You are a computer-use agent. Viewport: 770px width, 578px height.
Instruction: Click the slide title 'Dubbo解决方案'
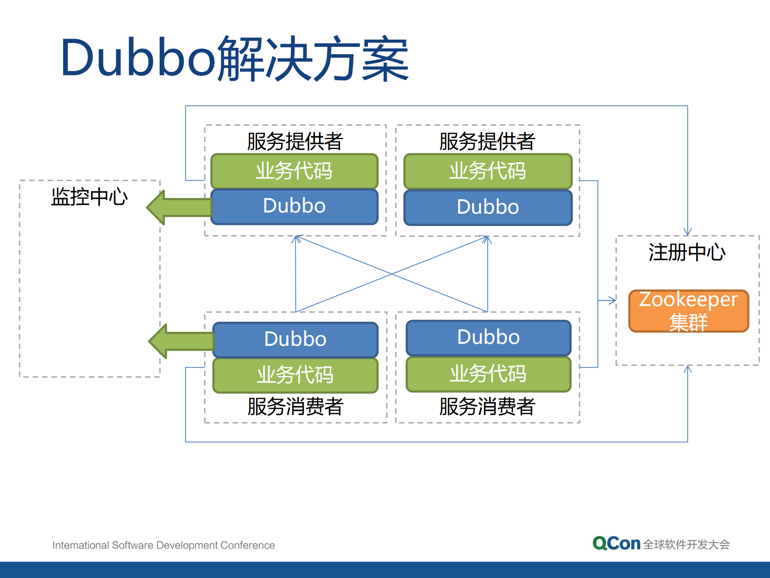235,58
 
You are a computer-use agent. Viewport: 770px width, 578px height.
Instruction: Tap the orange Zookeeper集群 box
689,311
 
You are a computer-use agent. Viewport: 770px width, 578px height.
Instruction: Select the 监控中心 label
89,197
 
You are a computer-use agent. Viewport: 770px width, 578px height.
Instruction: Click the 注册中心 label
687,252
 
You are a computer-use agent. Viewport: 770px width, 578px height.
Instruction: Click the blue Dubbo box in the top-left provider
295,206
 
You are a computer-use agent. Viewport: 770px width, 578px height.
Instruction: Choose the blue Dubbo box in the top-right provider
488,207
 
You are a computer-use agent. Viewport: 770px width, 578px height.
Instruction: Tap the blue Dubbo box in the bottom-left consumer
295,339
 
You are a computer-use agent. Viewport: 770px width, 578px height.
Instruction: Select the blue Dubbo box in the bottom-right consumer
488,337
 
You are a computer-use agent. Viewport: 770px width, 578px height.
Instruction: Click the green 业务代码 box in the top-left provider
295,171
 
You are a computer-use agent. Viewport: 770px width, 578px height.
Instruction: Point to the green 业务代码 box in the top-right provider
488,171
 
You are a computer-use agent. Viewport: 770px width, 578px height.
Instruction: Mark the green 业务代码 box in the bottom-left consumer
295,375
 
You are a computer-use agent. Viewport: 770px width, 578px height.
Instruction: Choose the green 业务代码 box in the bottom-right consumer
488,374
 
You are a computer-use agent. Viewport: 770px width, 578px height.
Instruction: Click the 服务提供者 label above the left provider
295,141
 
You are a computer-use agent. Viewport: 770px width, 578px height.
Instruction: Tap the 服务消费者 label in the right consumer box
487,406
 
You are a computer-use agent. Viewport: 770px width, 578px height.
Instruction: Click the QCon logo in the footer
616,544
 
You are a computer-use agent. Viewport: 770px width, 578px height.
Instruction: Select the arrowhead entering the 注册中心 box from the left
612,300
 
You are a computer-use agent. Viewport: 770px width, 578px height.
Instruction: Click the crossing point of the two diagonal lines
392,274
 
